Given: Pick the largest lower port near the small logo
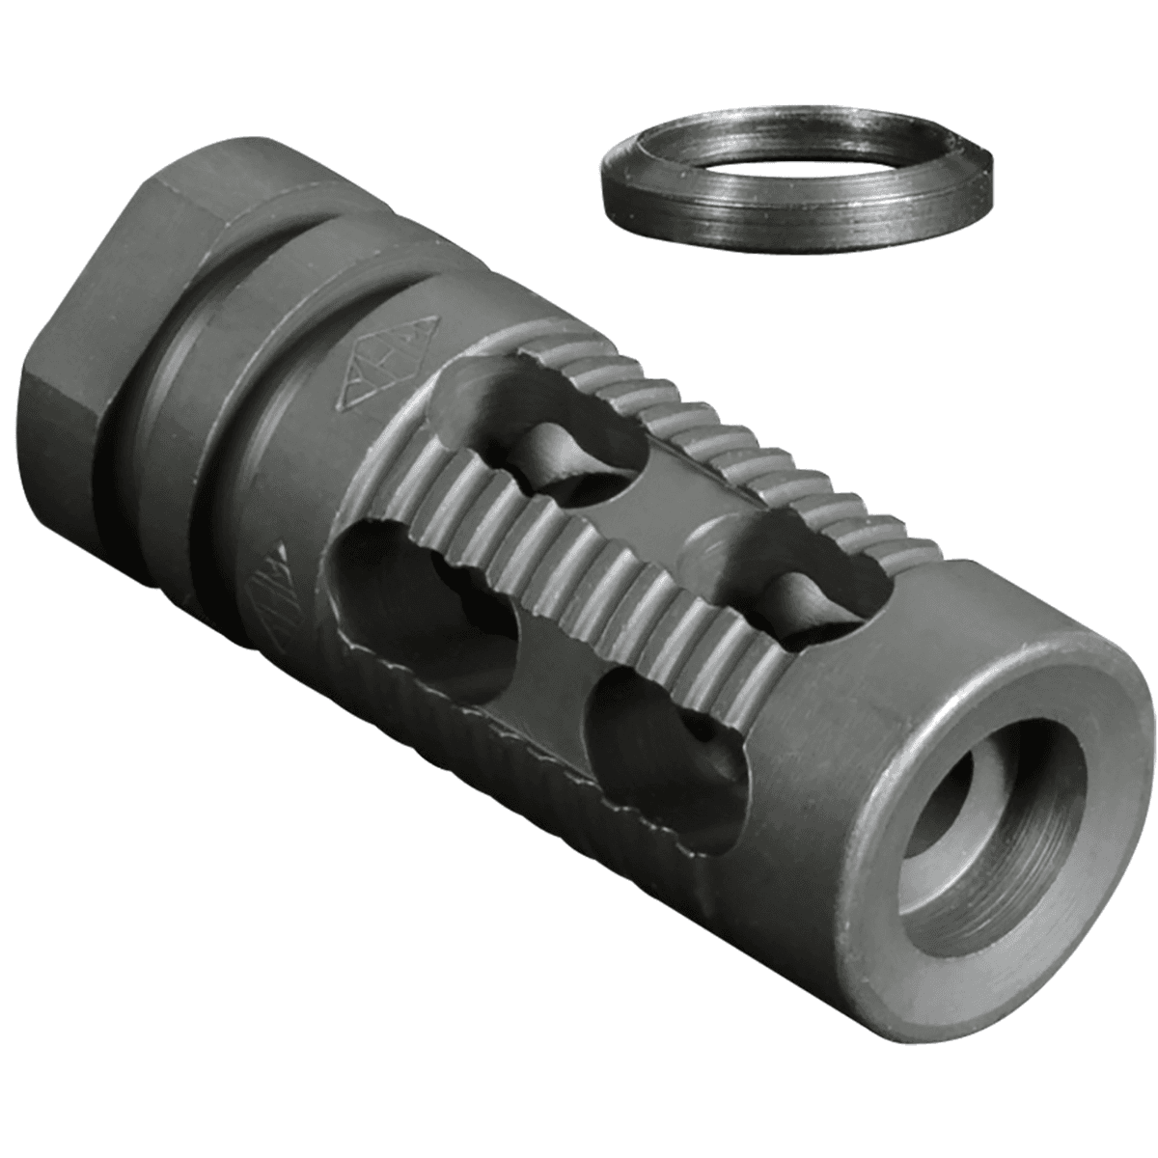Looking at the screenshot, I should click(425, 618).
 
